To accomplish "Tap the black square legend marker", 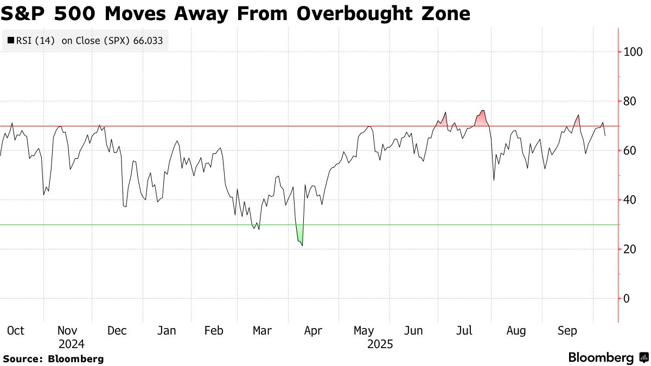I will coord(11,40).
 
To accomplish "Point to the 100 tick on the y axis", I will coord(633,52).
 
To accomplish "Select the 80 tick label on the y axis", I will coord(630,101).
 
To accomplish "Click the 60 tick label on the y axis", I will coord(630,151).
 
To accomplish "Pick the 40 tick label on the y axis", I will coord(630,200).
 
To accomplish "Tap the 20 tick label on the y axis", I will coord(630,249).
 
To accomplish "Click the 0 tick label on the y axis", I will coord(627,299).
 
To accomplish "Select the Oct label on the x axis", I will coord(15,331).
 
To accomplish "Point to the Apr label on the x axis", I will coord(313,331).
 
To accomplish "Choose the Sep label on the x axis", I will coord(567,331).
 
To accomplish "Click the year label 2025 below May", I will coord(379,344).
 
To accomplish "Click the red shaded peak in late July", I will coord(481,119).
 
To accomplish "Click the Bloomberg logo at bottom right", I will coord(608,358).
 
